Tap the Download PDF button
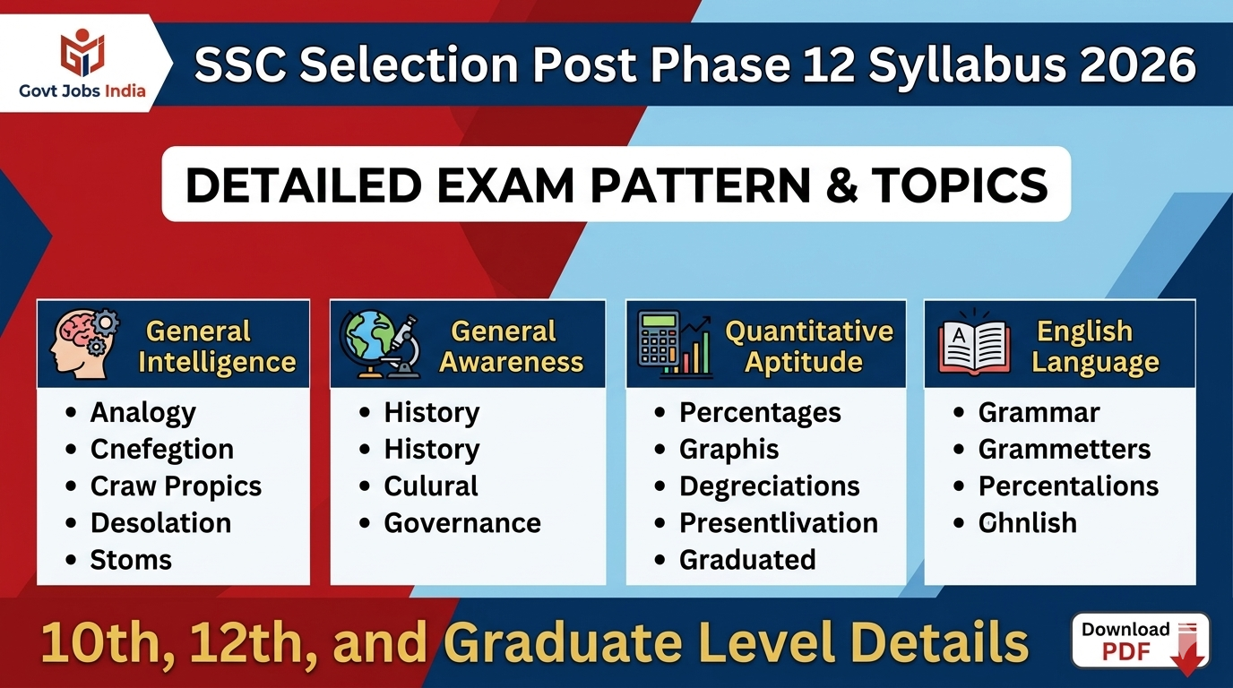click(1140, 641)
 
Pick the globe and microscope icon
click(381, 344)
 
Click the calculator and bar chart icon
click(675, 344)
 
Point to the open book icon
click(974, 346)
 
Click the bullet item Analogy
click(142, 412)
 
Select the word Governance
click(462, 522)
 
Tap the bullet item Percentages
click(760, 412)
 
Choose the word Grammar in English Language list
click(1039, 412)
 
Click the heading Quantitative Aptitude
click(808, 347)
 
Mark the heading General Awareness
click(511, 347)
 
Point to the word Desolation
click(160, 522)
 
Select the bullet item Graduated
click(747, 559)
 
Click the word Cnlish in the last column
click(1027, 522)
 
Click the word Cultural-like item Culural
click(431, 486)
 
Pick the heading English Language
click(1095, 347)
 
